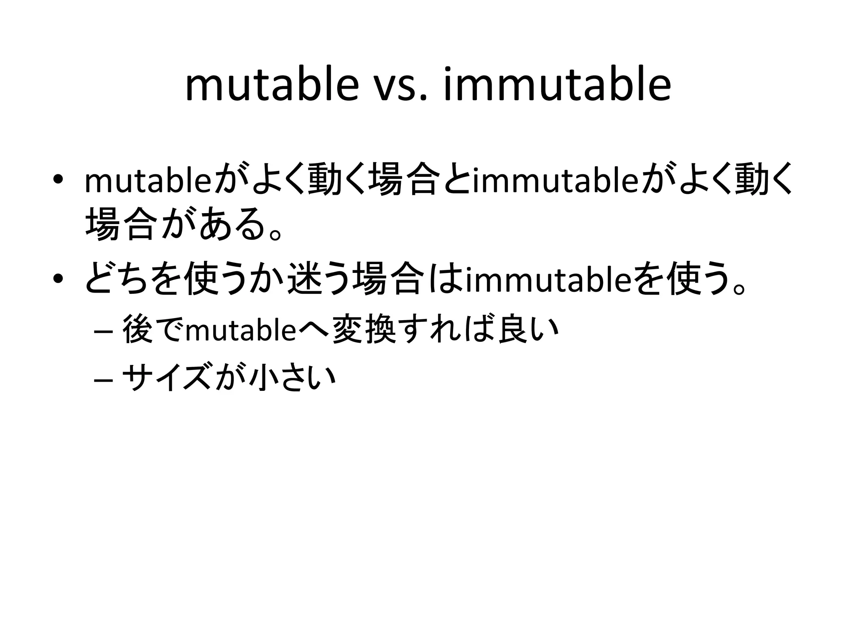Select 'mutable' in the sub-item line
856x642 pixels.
[x=241, y=330]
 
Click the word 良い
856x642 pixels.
[x=529, y=330]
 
